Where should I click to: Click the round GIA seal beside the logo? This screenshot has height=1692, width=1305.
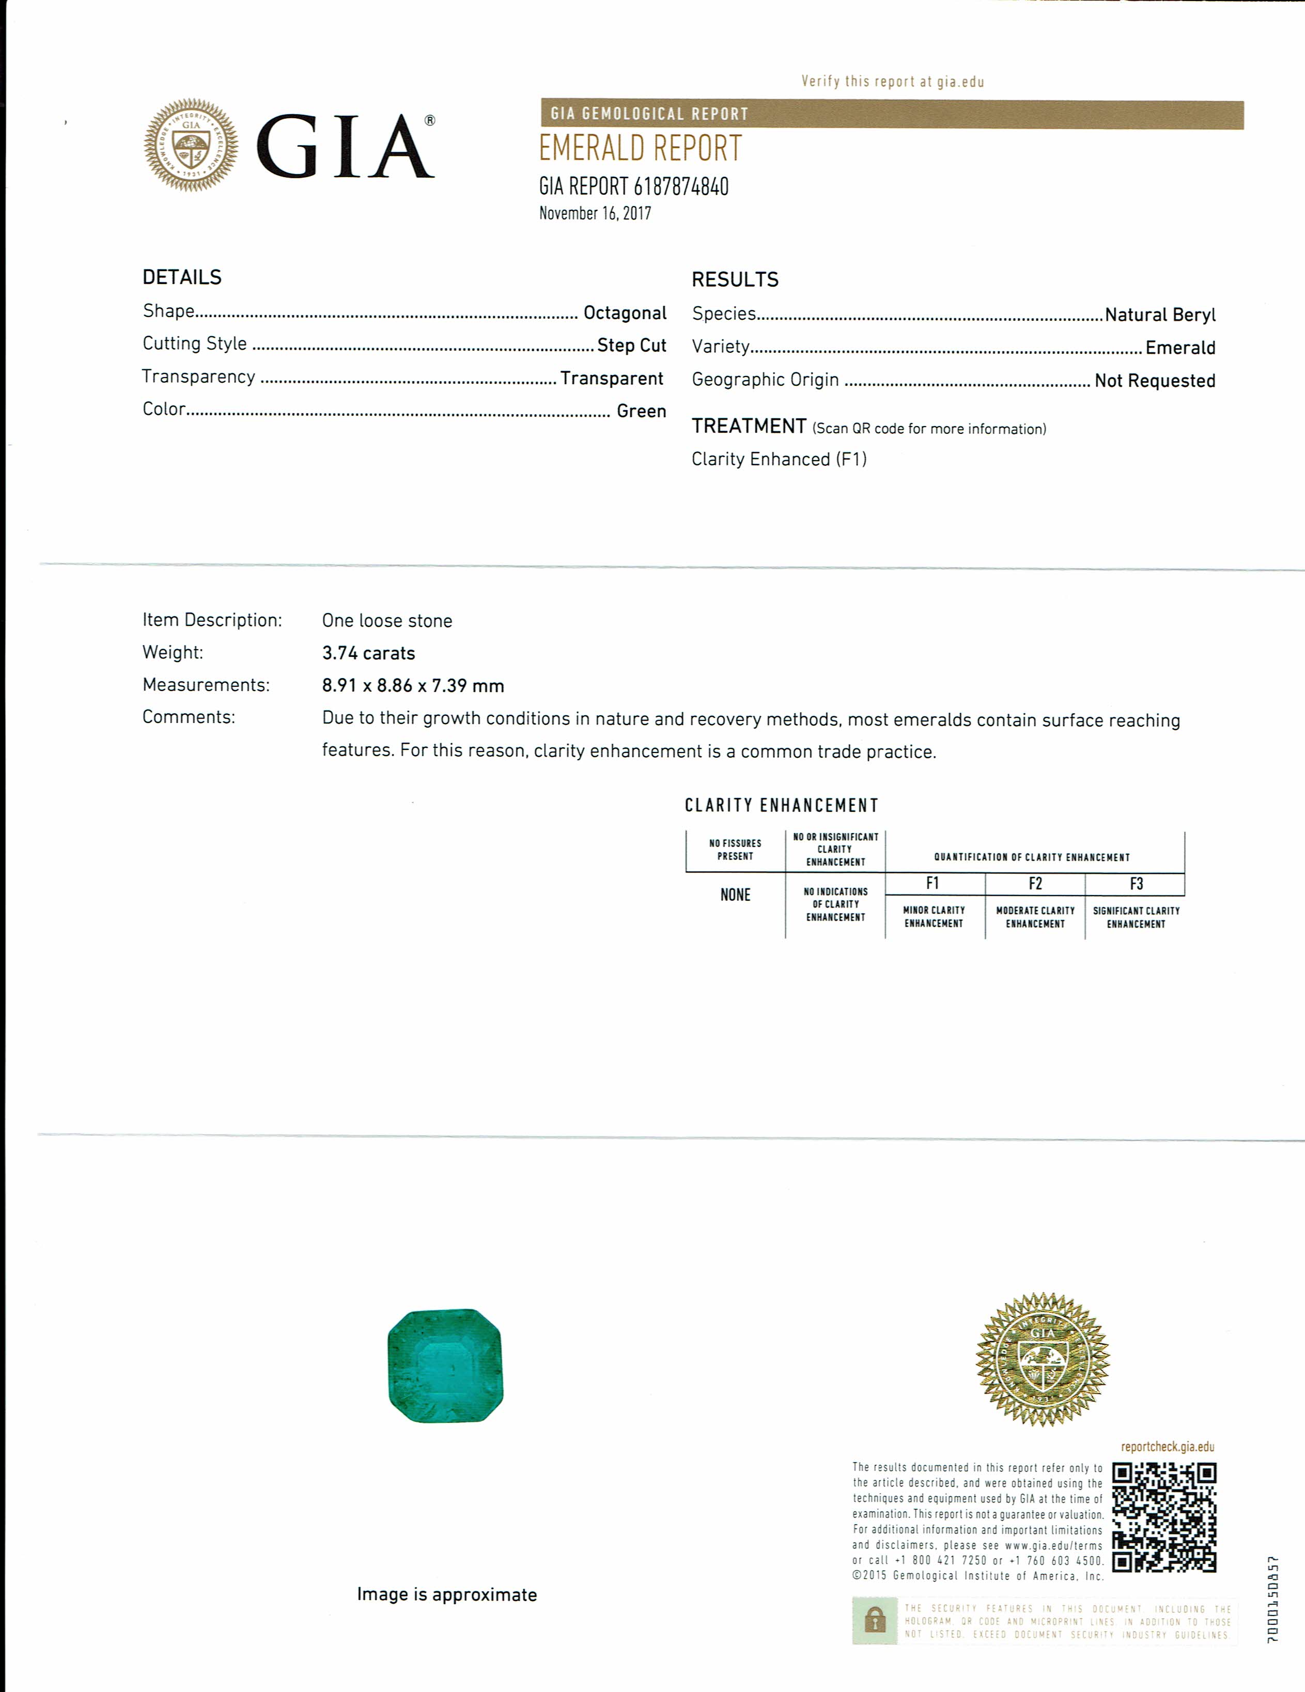tap(191, 145)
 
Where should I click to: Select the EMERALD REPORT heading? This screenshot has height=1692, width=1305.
tap(640, 149)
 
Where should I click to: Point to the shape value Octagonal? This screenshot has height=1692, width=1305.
tap(625, 313)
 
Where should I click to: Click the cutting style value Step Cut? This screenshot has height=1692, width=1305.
tap(631, 346)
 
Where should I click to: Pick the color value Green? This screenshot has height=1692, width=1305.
tap(641, 411)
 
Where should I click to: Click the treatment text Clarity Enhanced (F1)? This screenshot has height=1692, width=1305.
tap(779, 460)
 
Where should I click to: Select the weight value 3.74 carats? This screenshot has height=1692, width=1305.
tap(368, 653)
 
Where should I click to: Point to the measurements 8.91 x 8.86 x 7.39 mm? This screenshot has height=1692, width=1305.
tap(413, 686)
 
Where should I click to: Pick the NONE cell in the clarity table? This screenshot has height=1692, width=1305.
tap(735, 895)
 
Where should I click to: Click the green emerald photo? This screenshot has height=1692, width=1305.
tap(445, 1366)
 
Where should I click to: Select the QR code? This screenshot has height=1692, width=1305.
tap(1164, 1517)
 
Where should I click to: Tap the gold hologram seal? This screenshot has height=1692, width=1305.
tap(1043, 1359)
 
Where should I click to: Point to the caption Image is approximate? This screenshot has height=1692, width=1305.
tap(446, 1594)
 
